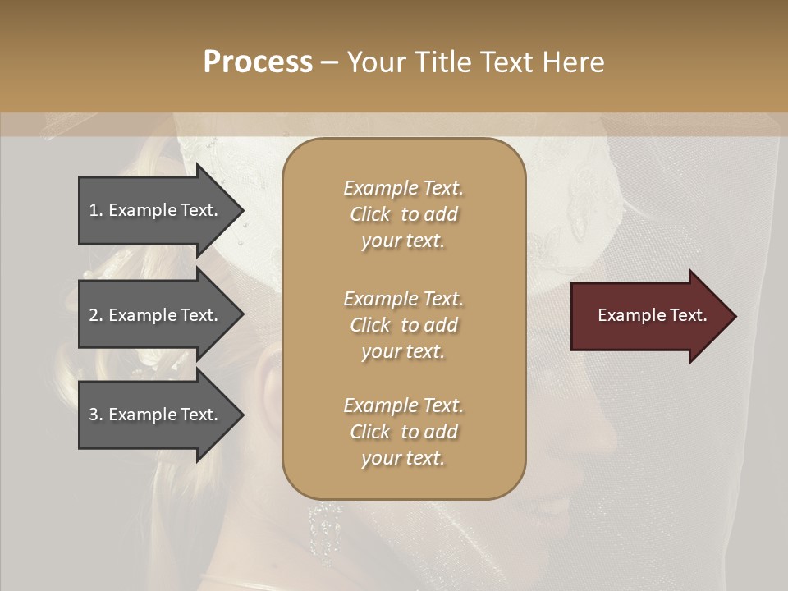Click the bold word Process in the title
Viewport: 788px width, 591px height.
(258, 62)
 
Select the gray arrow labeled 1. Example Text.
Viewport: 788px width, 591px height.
(156, 210)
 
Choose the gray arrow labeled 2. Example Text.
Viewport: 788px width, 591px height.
(156, 315)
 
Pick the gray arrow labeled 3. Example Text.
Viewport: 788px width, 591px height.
(156, 415)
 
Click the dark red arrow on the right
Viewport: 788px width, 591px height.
(648, 316)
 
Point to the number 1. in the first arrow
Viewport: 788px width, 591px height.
(96, 210)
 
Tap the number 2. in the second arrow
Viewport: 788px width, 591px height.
(96, 315)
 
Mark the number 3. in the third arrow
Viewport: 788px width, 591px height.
(96, 415)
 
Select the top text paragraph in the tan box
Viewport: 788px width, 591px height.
(403, 214)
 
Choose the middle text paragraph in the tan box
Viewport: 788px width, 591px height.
(403, 325)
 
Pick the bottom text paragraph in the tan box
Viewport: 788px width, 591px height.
(403, 432)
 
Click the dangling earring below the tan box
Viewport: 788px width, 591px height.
(327, 525)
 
